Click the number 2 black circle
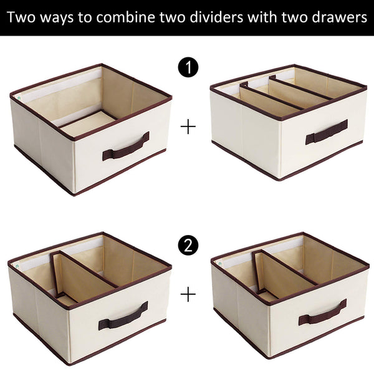pos(188,246)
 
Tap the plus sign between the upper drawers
pos(188,127)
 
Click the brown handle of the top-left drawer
pos(126,147)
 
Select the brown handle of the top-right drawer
pos(326,132)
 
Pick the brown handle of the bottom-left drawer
pos(123,316)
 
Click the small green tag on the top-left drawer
pos(19,98)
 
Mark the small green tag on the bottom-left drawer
pos(17,264)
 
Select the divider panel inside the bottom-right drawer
pos(274,275)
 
